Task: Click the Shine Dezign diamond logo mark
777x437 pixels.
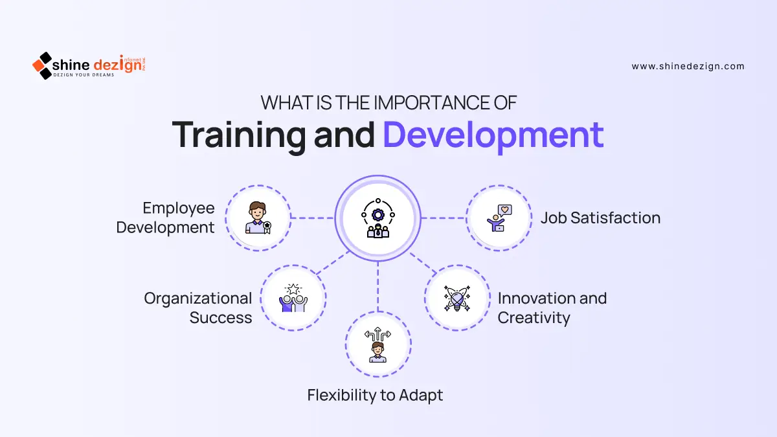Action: (x=42, y=65)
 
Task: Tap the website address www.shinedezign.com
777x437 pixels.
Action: (x=688, y=66)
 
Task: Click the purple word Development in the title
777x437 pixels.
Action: (x=493, y=135)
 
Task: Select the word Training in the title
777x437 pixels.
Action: (x=239, y=136)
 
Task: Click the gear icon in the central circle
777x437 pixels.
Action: (x=377, y=215)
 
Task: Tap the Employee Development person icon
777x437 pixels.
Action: (x=258, y=218)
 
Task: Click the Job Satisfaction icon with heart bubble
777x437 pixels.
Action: (x=499, y=218)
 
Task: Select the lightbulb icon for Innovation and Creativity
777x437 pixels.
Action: (x=457, y=298)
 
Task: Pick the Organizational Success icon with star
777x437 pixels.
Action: (x=293, y=298)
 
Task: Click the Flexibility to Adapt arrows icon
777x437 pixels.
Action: (x=377, y=344)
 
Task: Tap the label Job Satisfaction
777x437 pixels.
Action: (x=600, y=218)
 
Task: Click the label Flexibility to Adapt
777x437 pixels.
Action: (x=375, y=396)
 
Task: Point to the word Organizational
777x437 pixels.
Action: (x=198, y=298)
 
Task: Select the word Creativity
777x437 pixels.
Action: (x=534, y=318)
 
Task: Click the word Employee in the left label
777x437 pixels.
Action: (x=179, y=208)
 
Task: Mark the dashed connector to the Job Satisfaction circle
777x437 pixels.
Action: (x=444, y=218)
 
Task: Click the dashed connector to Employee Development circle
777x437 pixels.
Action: (x=313, y=218)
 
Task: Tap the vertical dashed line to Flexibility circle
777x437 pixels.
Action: (x=377, y=286)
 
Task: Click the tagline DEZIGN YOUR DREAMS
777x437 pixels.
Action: (x=84, y=75)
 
